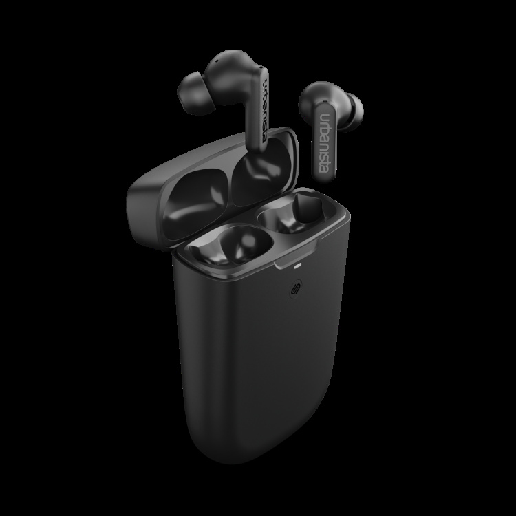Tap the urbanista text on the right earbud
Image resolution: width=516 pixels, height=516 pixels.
tap(321, 144)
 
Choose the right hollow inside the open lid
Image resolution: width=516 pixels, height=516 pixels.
tap(254, 176)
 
